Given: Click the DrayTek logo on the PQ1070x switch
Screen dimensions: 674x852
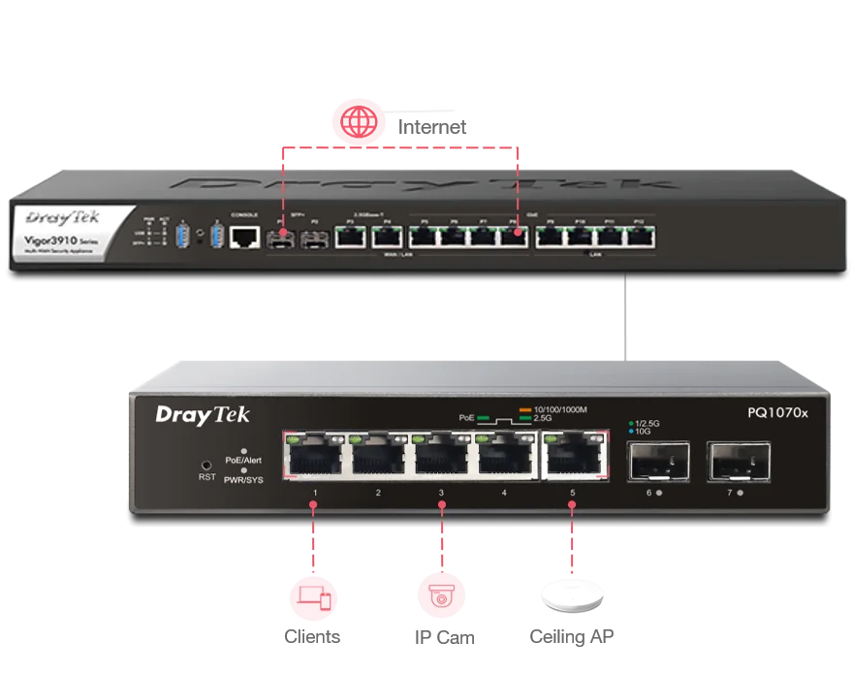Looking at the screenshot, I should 203,415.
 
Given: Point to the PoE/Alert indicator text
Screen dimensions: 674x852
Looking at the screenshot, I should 243,461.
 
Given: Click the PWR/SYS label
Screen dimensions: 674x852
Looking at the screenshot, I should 243,480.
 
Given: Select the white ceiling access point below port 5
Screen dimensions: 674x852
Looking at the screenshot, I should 573,596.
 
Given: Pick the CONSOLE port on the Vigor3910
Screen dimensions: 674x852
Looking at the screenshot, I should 245,235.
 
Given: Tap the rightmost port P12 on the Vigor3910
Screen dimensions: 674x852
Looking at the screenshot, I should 640,236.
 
